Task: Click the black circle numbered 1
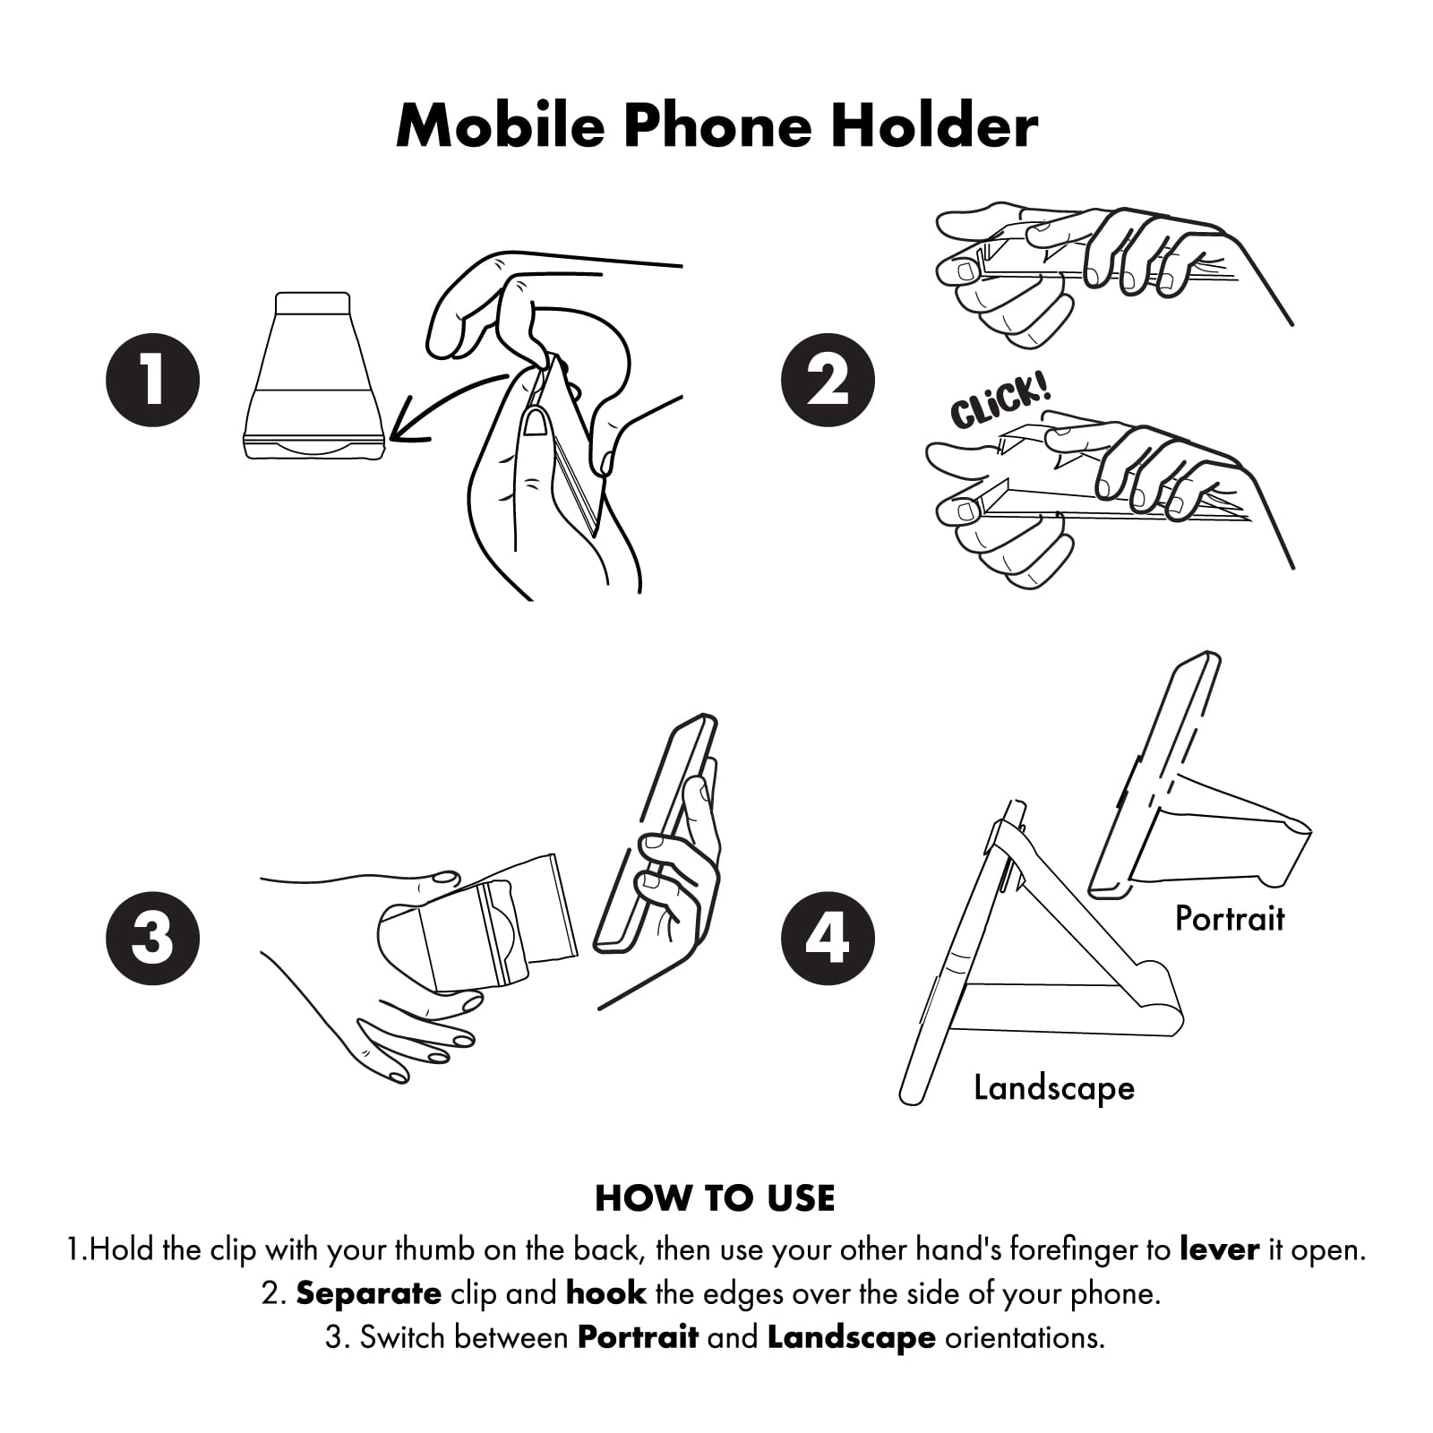tap(152, 380)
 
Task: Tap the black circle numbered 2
tap(828, 380)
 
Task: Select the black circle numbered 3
tap(152, 938)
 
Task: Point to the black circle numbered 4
tap(828, 938)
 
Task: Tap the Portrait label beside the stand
tap(1230, 919)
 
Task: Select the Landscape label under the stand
tap(1054, 1088)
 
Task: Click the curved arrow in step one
tap(448, 403)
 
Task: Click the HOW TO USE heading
tap(715, 1198)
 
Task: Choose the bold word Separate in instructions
tap(368, 1293)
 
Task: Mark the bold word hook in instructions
tap(606, 1293)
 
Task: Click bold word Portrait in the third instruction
tap(638, 1337)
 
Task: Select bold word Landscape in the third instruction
tap(852, 1337)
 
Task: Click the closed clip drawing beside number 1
tap(313, 376)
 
